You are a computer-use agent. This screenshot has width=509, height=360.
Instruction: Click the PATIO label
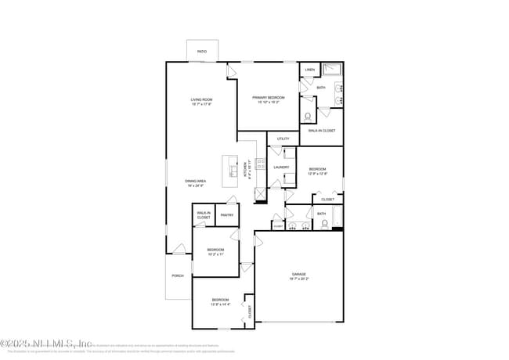pyautogui.click(x=202, y=52)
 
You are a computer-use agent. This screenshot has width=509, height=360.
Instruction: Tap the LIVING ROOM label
pyautogui.click(x=201, y=100)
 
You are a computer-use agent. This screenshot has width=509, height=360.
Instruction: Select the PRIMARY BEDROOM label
pyautogui.click(x=268, y=98)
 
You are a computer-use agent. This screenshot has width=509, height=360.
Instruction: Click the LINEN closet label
pyautogui.click(x=310, y=70)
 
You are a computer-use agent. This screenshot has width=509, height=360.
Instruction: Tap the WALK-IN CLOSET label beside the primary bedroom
pyautogui.click(x=322, y=131)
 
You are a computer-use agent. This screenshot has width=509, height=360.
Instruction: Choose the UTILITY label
pyautogui.click(x=283, y=139)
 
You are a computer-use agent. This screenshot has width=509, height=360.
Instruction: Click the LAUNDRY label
pyautogui.click(x=281, y=167)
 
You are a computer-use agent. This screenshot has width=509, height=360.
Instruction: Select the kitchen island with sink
pyautogui.click(x=232, y=170)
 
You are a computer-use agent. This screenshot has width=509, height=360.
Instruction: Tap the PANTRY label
pyautogui.click(x=227, y=214)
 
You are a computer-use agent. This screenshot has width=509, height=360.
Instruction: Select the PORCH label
pyautogui.click(x=178, y=275)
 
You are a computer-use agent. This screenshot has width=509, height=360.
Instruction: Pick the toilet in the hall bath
pyautogui.click(x=325, y=223)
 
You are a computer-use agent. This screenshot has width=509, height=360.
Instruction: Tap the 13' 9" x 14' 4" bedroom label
pyautogui.click(x=220, y=301)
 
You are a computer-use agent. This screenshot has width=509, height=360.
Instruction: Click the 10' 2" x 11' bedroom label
pyautogui.click(x=215, y=251)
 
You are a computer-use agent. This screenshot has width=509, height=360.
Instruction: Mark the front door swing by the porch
pyautogui.click(x=179, y=250)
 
